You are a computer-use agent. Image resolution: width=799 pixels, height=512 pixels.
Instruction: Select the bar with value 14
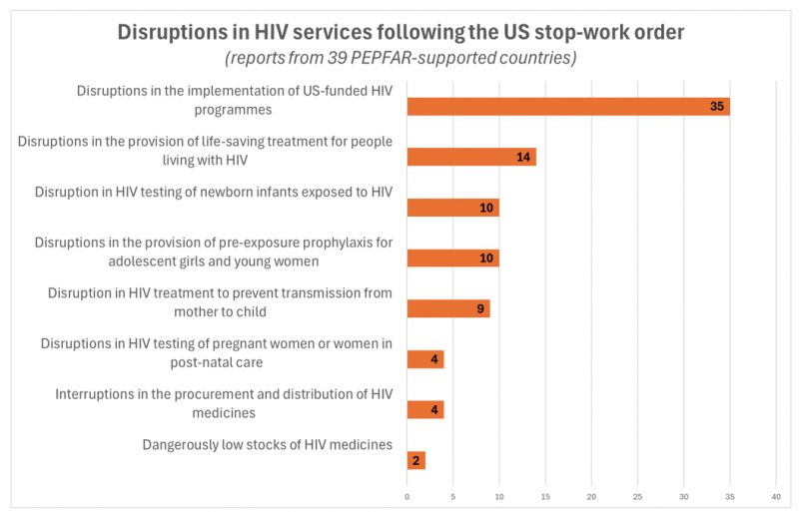tap(471, 157)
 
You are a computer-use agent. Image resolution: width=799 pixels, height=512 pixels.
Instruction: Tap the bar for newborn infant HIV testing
tap(452, 208)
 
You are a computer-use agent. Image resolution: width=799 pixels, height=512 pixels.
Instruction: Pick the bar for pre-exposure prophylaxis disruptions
tap(452, 258)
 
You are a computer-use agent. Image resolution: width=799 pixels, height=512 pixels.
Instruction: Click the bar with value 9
tap(448, 308)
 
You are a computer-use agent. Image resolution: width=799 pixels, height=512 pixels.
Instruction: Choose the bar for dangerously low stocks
tap(416, 460)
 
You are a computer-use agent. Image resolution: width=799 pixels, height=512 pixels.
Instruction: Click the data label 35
tap(717, 106)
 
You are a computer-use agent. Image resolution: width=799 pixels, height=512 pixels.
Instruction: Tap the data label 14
tap(524, 157)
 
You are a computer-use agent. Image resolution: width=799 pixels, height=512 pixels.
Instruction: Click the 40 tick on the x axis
tap(776, 495)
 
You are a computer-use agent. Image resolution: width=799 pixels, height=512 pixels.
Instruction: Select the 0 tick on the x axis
tap(407, 495)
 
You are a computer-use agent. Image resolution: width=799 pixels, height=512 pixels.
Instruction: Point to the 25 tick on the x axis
tap(638, 495)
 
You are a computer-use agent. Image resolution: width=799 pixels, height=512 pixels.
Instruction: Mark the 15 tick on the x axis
tap(545, 495)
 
